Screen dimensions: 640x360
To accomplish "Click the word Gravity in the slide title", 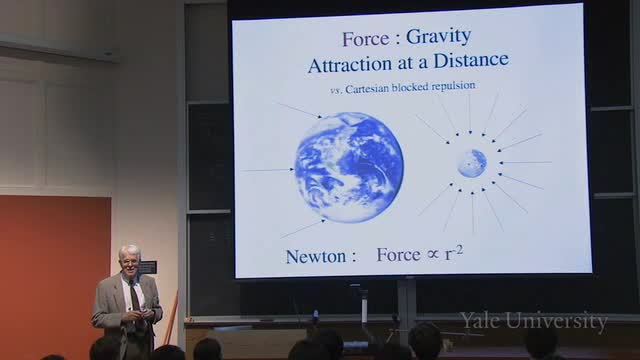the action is pos(438,38).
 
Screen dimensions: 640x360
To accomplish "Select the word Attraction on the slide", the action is pos(350,65).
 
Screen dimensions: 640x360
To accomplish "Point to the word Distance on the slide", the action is pos(471,60).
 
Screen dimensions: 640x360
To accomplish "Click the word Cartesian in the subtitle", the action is pos(367,89).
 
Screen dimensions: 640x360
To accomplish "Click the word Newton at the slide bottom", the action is pos(316,256).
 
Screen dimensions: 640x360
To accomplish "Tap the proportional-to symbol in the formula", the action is pos(433,255).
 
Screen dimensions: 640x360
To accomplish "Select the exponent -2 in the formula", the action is pos(458,250).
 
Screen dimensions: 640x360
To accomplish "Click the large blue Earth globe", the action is pos(349,167).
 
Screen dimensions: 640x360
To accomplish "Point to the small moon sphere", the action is pos(472,163).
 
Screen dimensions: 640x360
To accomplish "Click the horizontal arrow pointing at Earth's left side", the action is pos(268,169).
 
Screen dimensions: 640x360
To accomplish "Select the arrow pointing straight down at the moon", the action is pos(470,114).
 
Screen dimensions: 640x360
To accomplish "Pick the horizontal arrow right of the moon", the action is pos(525,162).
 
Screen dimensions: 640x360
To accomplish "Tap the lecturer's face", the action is pos(130,262).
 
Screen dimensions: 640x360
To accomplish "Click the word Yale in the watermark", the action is pos(480,320).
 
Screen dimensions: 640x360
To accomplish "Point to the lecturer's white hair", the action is pos(129,251).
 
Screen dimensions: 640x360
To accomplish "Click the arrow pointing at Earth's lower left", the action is pos(303,229).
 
